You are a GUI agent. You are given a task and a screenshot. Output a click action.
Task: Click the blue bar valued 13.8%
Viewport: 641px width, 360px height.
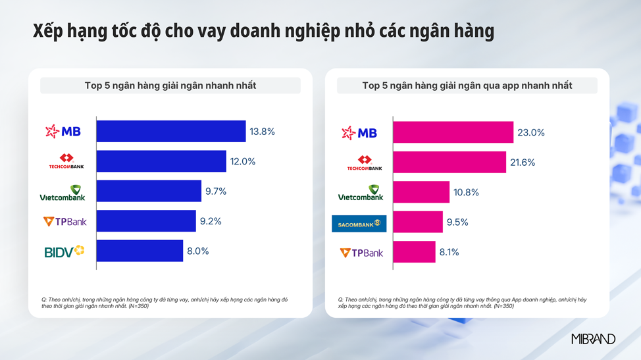click(x=171, y=132)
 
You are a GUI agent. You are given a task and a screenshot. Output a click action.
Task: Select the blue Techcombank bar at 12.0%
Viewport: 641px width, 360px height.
click(x=161, y=161)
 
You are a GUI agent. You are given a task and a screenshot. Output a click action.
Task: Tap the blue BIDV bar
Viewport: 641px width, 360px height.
click(x=140, y=251)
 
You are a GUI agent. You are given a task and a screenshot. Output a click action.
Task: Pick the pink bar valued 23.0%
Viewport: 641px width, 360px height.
click(x=453, y=132)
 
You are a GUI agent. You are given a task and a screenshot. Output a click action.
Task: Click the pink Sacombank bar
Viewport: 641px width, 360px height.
click(x=418, y=222)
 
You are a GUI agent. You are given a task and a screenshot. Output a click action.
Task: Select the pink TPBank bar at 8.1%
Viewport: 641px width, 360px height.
click(x=414, y=252)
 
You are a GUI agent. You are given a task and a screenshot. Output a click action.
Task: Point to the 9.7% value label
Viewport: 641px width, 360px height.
click(x=216, y=192)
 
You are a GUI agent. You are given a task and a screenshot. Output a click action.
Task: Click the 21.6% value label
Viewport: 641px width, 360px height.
click(x=523, y=162)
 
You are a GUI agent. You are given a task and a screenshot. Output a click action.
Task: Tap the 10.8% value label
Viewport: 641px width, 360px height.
click(x=466, y=192)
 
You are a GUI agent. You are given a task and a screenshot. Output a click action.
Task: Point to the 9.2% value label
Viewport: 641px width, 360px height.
click(x=211, y=221)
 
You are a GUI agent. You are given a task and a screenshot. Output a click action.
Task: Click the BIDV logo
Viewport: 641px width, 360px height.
click(x=64, y=251)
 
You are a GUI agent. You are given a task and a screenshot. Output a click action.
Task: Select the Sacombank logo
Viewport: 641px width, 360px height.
click(x=359, y=224)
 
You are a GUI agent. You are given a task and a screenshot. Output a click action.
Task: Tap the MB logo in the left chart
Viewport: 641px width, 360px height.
click(x=63, y=132)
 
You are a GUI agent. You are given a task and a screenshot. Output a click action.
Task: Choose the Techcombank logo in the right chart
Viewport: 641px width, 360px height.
click(x=365, y=163)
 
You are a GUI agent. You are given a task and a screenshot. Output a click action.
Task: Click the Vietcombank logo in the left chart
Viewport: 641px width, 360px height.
click(x=63, y=192)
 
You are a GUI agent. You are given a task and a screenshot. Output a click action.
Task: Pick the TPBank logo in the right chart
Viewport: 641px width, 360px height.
click(x=361, y=253)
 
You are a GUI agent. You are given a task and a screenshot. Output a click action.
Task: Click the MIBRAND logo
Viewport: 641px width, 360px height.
click(x=593, y=339)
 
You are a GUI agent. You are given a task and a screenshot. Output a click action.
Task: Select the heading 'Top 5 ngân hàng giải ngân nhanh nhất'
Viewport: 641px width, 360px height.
click(x=170, y=86)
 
